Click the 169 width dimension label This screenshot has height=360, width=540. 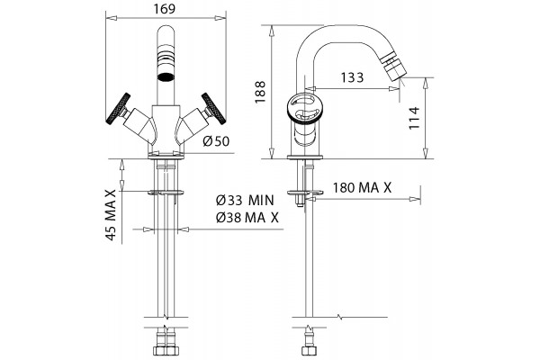[165, 9]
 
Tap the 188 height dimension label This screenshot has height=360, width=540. [260, 92]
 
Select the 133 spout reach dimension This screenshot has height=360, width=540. [352, 77]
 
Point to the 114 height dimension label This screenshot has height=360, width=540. [414, 118]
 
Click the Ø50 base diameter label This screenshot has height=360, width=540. [216, 141]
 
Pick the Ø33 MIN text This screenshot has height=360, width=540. [245, 200]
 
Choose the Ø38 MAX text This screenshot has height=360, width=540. [247, 218]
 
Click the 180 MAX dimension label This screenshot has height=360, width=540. [363, 188]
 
